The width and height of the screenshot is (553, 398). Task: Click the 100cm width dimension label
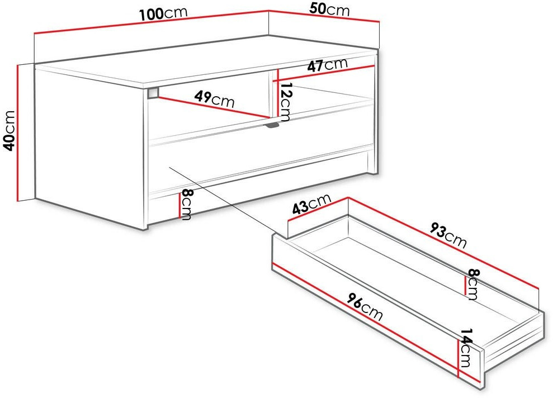pos(163,13)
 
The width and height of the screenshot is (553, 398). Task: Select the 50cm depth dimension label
pos(329,10)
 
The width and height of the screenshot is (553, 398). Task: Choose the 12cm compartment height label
pos(285,101)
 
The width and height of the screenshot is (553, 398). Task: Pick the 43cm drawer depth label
pos(312,204)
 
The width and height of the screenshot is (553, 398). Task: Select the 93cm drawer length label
pos(448,235)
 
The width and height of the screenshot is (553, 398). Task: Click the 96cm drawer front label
pos(365,307)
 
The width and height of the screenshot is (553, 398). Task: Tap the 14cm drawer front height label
pos(466,348)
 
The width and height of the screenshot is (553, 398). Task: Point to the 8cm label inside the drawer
pos(472,284)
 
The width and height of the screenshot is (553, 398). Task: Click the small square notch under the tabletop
pos(153,92)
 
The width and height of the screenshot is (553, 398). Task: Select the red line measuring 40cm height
pos(18,132)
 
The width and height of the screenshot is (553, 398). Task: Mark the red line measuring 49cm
pos(212,107)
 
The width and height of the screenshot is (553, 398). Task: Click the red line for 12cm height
pos(278,93)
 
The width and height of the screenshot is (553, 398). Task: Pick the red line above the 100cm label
pos(152,22)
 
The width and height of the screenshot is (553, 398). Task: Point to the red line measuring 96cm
pos(377,323)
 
